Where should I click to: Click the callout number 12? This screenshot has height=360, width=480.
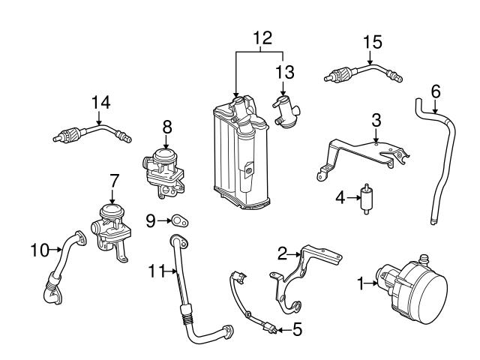point(261,37)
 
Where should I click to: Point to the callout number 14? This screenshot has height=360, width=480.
point(100,102)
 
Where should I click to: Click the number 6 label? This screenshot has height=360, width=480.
point(436,91)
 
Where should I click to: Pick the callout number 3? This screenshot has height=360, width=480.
point(376,119)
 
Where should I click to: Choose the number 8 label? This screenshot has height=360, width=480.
point(166,128)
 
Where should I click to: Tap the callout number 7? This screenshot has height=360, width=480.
point(113,180)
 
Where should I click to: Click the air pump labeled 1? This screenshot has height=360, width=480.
point(411,284)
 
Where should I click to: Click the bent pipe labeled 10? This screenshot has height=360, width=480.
point(60,270)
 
